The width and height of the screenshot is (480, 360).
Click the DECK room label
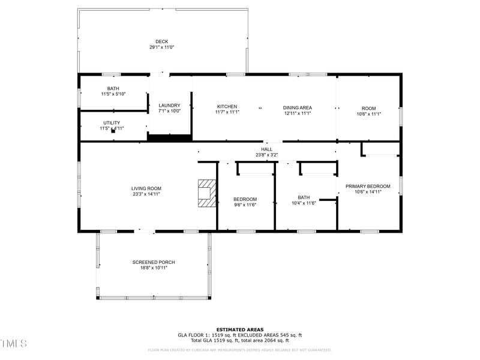point(161,41)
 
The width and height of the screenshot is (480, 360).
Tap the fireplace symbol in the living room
point(206,193)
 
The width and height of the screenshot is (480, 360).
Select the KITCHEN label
point(227,107)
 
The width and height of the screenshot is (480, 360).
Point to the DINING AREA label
point(298,107)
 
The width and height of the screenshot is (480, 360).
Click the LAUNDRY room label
point(169,105)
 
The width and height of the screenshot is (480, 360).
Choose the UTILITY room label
point(112,123)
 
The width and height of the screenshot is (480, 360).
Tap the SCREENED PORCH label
point(154,262)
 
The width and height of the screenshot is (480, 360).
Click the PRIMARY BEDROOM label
point(368,186)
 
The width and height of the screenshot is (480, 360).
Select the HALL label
point(266,149)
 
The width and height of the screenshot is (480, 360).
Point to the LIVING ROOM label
point(146,188)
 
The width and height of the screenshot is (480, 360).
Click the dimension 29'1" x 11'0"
point(161,47)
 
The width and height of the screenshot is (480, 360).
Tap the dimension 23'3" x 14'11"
point(146,194)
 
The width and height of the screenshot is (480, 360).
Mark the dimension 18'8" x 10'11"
point(154,268)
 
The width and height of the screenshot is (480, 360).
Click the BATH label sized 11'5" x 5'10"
point(113,89)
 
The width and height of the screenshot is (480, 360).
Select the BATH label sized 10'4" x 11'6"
point(304,197)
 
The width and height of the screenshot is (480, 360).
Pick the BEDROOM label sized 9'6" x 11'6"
point(245,199)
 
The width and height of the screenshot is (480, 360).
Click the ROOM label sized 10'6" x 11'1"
point(368,108)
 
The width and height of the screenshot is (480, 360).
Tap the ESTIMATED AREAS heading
point(239,329)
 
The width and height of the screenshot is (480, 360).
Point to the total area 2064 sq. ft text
point(274,340)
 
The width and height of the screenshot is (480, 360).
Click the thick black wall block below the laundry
point(169,138)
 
